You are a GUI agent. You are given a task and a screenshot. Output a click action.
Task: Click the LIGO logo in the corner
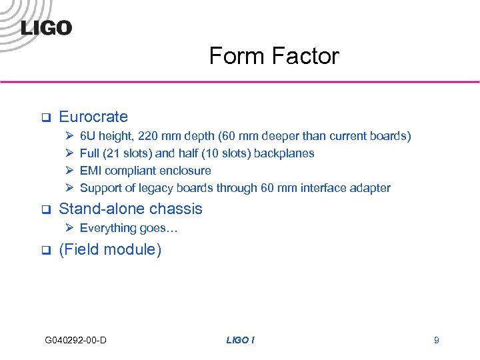pos(46,27)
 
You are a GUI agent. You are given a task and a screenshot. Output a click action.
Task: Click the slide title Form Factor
pos(274,56)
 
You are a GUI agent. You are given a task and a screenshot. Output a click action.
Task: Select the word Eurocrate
pos(93,117)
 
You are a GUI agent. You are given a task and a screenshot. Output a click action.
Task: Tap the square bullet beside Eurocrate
pos(46,118)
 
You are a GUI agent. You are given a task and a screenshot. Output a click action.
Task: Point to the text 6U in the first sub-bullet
pos(89,136)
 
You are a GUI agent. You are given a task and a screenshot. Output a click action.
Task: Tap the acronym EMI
pos(91,171)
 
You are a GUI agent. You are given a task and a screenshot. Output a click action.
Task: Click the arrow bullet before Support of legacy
pos(69,188)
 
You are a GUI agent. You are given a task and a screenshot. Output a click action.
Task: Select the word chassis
pos(177,209)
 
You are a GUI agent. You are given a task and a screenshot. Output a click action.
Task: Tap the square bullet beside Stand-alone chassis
pos(46,209)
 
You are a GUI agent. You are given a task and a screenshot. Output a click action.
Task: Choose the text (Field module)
pos(110,250)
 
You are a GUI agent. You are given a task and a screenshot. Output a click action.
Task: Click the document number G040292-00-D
pos(76,341)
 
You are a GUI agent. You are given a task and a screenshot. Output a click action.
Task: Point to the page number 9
pos(436,341)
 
